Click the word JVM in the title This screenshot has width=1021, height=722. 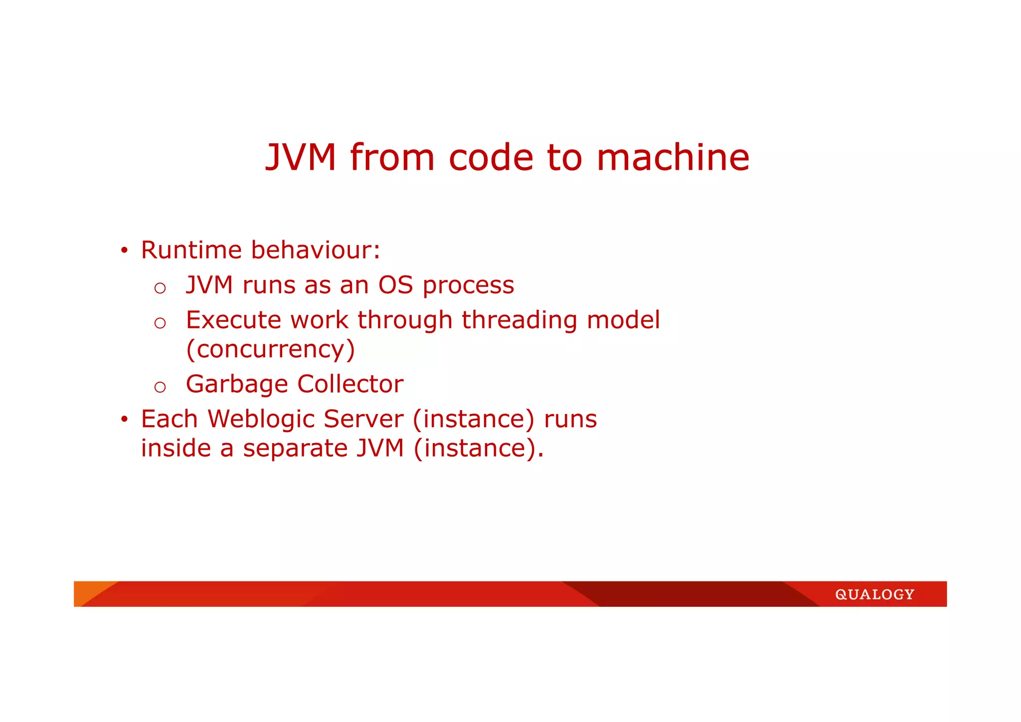301,158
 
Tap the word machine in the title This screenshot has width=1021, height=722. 673,158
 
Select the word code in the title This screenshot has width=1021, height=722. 491,158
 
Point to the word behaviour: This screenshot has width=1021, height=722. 316,250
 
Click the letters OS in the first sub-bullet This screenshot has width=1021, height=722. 395,285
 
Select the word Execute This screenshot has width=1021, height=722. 233,320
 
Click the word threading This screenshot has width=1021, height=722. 519,321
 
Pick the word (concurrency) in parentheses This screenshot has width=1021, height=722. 270,349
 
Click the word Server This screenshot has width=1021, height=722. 363,419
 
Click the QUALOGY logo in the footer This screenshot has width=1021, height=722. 874,594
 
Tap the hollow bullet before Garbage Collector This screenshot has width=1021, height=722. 160,387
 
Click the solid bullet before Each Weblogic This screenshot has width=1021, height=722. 124,419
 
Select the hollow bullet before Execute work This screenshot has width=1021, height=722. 160,323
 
